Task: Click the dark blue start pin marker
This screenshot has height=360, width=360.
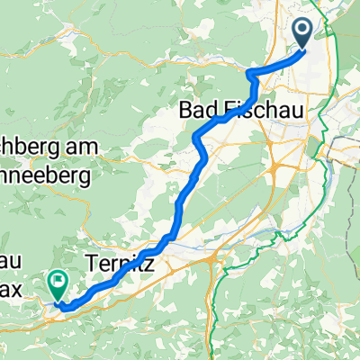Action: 302,31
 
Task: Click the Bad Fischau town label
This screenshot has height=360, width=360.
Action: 243,109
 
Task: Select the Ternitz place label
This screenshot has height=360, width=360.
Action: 121,265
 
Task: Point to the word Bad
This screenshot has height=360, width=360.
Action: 198,109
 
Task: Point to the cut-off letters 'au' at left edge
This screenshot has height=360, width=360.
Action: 9,262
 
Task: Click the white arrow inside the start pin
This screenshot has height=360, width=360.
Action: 302,31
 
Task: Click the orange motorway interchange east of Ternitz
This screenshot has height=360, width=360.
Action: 211,262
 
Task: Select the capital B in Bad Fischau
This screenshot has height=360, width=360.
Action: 185,109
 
